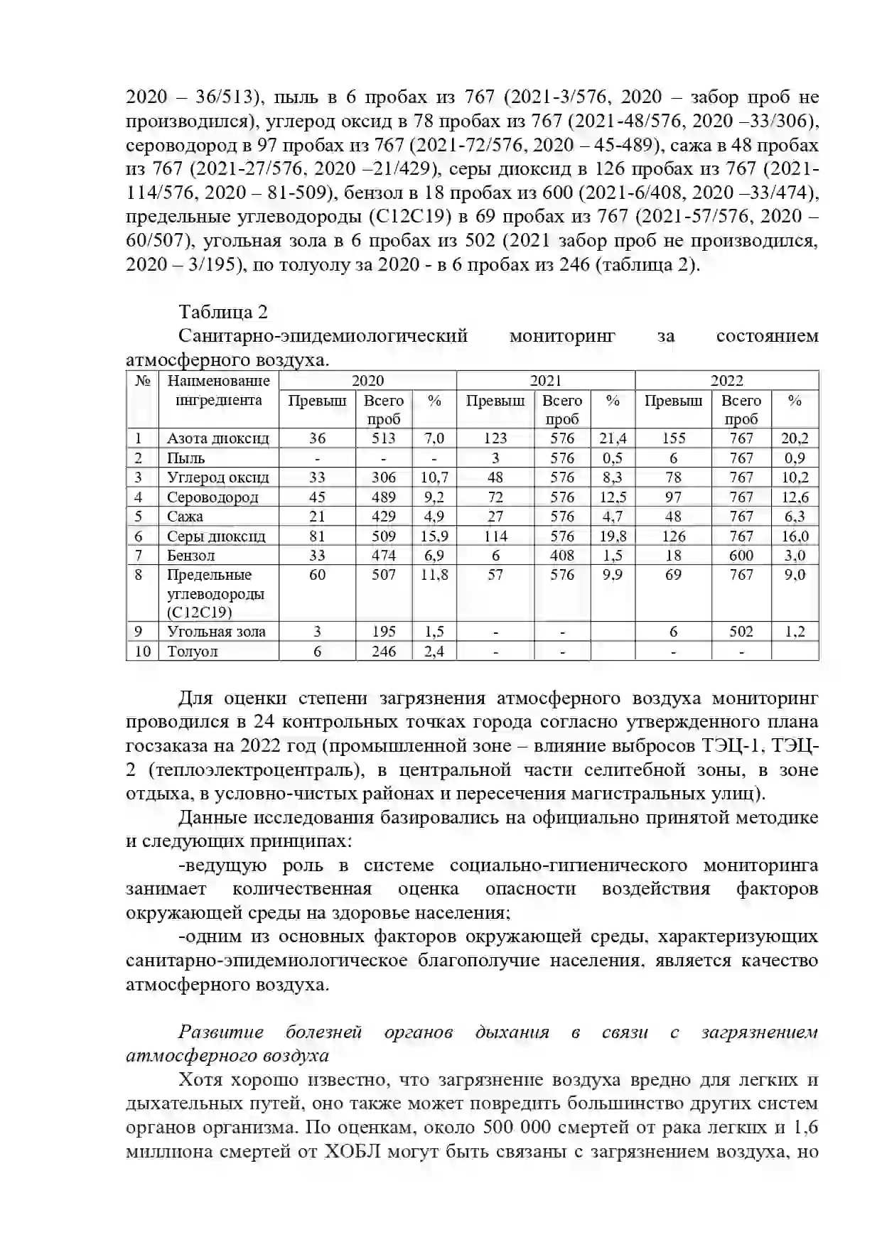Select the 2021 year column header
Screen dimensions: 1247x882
545,381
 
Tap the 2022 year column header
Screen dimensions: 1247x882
726,381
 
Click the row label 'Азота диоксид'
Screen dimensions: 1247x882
218,438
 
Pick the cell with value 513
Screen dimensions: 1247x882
384,438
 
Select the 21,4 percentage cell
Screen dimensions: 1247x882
613,438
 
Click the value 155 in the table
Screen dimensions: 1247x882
673,438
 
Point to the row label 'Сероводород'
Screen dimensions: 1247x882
213,497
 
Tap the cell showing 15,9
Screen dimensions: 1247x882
434,536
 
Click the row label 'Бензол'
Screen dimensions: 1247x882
190,555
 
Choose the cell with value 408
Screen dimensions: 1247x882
562,555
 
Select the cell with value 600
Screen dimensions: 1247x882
741,555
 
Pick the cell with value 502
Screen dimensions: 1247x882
741,631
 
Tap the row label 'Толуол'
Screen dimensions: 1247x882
192,651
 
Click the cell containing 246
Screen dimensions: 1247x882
384,651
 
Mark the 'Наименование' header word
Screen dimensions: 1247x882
218,381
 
